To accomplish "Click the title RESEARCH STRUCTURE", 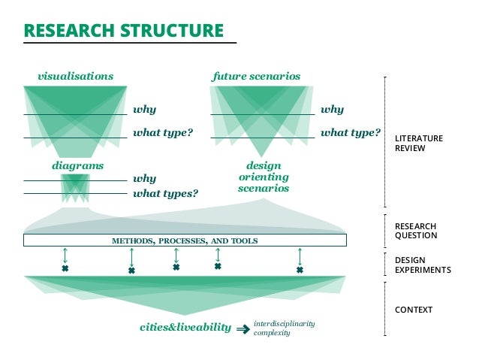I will click(x=124, y=31).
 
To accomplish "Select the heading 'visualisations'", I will click(x=75, y=76).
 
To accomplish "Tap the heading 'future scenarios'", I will click(x=256, y=76).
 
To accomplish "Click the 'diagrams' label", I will click(x=77, y=165).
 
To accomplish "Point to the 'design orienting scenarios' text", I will click(x=264, y=177).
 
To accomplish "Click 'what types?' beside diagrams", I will click(x=165, y=193).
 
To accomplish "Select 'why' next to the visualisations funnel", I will click(x=144, y=110).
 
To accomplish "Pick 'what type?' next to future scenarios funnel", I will click(x=350, y=133).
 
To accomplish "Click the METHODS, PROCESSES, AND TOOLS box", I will click(x=185, y=241).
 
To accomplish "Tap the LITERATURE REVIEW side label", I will click(x=419, y=143).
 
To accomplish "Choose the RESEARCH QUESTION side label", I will click(x=415, y=231).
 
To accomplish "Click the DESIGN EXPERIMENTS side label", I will click(x=423, y=265).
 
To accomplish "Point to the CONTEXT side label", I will click(x=414, y=310).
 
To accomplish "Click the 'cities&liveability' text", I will click(x=185, y=328).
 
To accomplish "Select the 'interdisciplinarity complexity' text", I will click(x=284, y=328).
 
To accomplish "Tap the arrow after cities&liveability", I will click(x=243, y=328).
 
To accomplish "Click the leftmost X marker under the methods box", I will click(x=65, y=268).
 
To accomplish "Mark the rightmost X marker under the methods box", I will click(x=300, y=270).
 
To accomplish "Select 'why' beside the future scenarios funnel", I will click(x=332, y=110).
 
